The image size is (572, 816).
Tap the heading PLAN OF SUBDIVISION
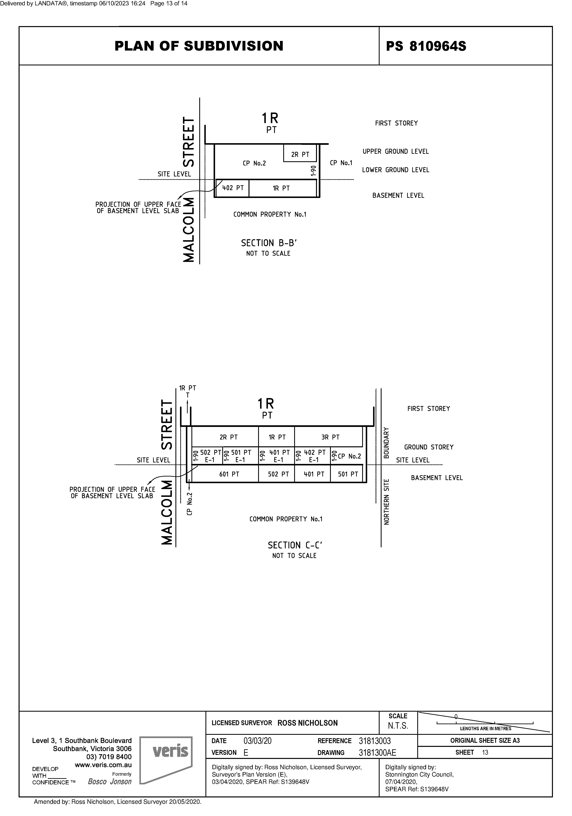click(199, 46)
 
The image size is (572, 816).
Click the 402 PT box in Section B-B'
click(233, 188)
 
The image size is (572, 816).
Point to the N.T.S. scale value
click(398, 726)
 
